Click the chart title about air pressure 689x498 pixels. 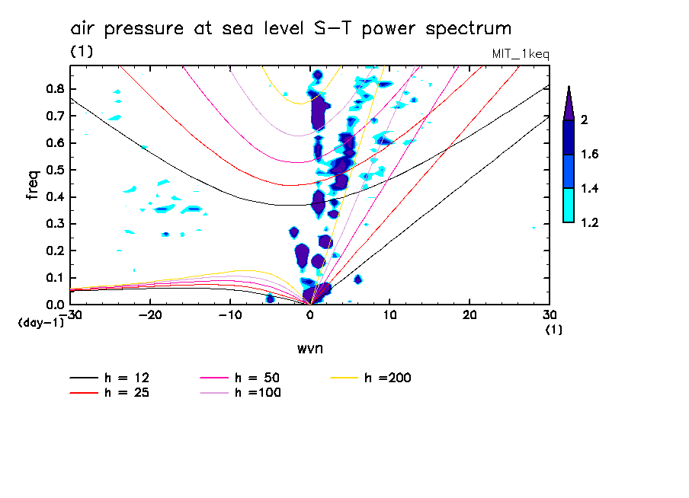pyautogui.click(x=290, y=29)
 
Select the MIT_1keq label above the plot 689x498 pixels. pyautogui.click(x=521, y=55)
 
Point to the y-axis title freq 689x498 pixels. pyautogui.click(x=33, y=185)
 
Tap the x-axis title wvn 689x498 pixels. pyautogui.click(x=309, y=348)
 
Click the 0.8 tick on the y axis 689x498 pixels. pyautogui.click(x=54, y=88)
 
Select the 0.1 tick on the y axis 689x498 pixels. pyautogui.click(x=54, y=278)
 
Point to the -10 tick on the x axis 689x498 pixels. pyautogui.click(x=229, y=315)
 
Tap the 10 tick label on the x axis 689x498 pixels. pyautogui.click(x=389, y=315)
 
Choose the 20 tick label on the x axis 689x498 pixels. pyautogui.click(x=469, y=315)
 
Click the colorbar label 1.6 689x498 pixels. pyautogui.click(x=591, y=155)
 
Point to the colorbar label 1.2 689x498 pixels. pyautogui.click(x=591, y=223)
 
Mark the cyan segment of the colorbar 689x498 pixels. pyautogui.click(x=568, y=206)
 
